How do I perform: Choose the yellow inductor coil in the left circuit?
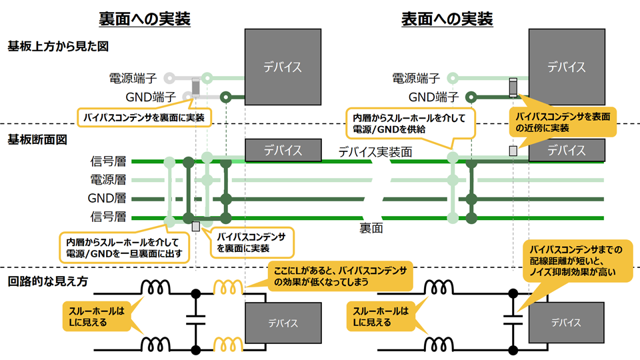click(228, 288)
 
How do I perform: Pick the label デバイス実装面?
click(375, 152)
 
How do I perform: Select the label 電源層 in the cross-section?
click(108, 180)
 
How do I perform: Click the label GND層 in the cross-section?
click(107, 199)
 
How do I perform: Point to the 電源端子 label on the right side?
click(416, 78)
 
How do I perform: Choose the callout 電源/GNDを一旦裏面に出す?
click(124, 247)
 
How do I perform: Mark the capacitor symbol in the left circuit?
click(195, 321)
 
